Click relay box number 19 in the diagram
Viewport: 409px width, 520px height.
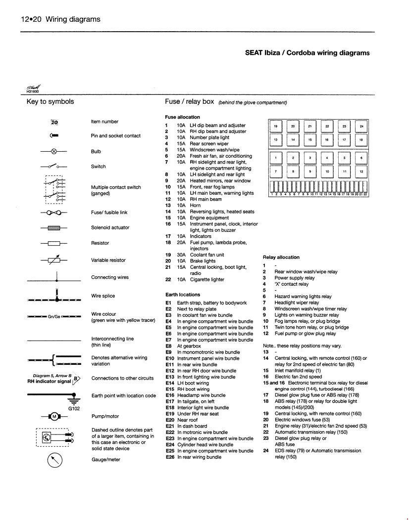275,127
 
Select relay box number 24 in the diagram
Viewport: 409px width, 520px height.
361,127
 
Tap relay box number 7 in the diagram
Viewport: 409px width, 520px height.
275,172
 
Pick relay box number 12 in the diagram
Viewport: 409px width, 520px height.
361,172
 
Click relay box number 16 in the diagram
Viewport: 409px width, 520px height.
327,140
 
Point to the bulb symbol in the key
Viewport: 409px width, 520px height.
54,151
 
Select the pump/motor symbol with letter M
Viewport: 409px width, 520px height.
54,416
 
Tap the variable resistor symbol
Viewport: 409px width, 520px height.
54,260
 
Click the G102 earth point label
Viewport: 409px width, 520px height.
74,409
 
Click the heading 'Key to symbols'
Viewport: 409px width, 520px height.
50,102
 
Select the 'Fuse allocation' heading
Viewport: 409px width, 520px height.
182,117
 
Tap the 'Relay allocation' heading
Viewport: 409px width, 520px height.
281,257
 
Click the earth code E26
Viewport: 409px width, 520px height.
170,457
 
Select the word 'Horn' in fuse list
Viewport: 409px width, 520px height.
195,205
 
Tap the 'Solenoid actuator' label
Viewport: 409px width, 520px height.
110,227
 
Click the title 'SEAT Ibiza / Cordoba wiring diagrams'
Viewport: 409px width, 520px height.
307,53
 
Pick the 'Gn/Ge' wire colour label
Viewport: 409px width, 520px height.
54,316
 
